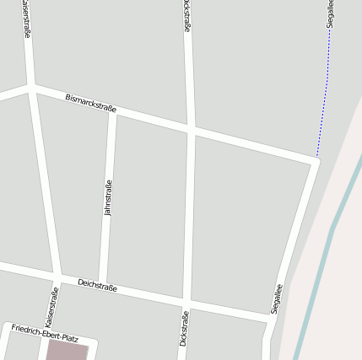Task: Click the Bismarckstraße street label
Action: [x=90, y=104]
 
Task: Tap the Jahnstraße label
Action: [x=107, y=199]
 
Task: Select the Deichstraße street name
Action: [x=97, y=285]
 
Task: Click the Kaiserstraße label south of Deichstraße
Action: [x=51, y=307]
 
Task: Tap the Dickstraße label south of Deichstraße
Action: [x=184, y=328]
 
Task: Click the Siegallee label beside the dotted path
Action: [x=331, y=15]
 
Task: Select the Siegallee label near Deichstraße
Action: [x=277, y=298]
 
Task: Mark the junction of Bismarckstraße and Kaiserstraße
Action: [x=31, y=86]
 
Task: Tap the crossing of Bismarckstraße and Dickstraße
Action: [x=191, y=130]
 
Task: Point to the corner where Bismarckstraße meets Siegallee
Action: [x=314, y=161]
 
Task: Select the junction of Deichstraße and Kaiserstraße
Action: [x=57, y=277]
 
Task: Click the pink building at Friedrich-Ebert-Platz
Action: [x=66, y=351]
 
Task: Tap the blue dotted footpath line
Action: [x=325, y=101]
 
